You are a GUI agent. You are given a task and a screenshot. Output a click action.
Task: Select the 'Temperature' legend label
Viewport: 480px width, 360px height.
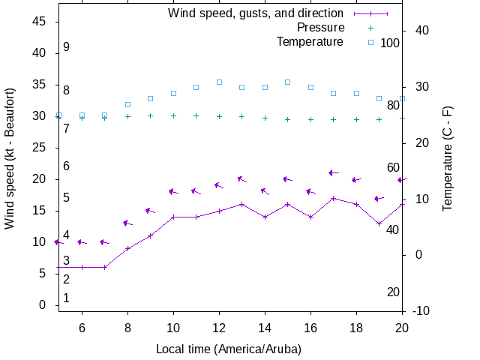pos(310,41)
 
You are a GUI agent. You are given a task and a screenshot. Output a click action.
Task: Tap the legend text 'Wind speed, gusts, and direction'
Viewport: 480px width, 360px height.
pos(256,13)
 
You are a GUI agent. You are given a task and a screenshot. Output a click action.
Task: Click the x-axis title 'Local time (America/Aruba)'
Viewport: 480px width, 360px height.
pos(229,349)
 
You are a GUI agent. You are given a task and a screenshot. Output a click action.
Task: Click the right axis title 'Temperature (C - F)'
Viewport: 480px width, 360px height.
pos(448,158)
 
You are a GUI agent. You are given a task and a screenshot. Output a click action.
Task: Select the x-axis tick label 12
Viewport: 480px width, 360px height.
pos(219,328)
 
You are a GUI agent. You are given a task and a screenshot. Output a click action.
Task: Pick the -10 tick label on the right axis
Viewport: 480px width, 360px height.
pos(420,310)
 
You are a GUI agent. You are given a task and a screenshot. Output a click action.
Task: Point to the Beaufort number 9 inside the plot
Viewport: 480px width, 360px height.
pos(67,46)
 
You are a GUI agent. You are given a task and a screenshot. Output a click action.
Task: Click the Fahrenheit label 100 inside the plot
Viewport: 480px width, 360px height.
pos(390,43)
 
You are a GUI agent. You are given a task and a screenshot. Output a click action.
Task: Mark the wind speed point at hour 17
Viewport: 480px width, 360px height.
pos(333,198)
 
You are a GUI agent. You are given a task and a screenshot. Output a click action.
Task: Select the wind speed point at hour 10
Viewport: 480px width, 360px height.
pos(173,217)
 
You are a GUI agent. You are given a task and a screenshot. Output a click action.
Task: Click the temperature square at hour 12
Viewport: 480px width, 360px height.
pos(219,82)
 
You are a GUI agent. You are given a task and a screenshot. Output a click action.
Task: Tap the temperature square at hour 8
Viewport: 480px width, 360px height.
pos(127,104)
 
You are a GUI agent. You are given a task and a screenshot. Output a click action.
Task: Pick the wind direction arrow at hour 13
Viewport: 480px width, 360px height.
pos(241,179)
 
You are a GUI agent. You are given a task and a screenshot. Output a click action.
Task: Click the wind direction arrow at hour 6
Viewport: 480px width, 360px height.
pos(82,242)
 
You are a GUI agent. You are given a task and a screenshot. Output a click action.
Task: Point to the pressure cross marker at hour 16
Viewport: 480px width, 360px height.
pos(310,119)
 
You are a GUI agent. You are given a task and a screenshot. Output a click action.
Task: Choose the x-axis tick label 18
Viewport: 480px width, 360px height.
pos(356,328)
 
